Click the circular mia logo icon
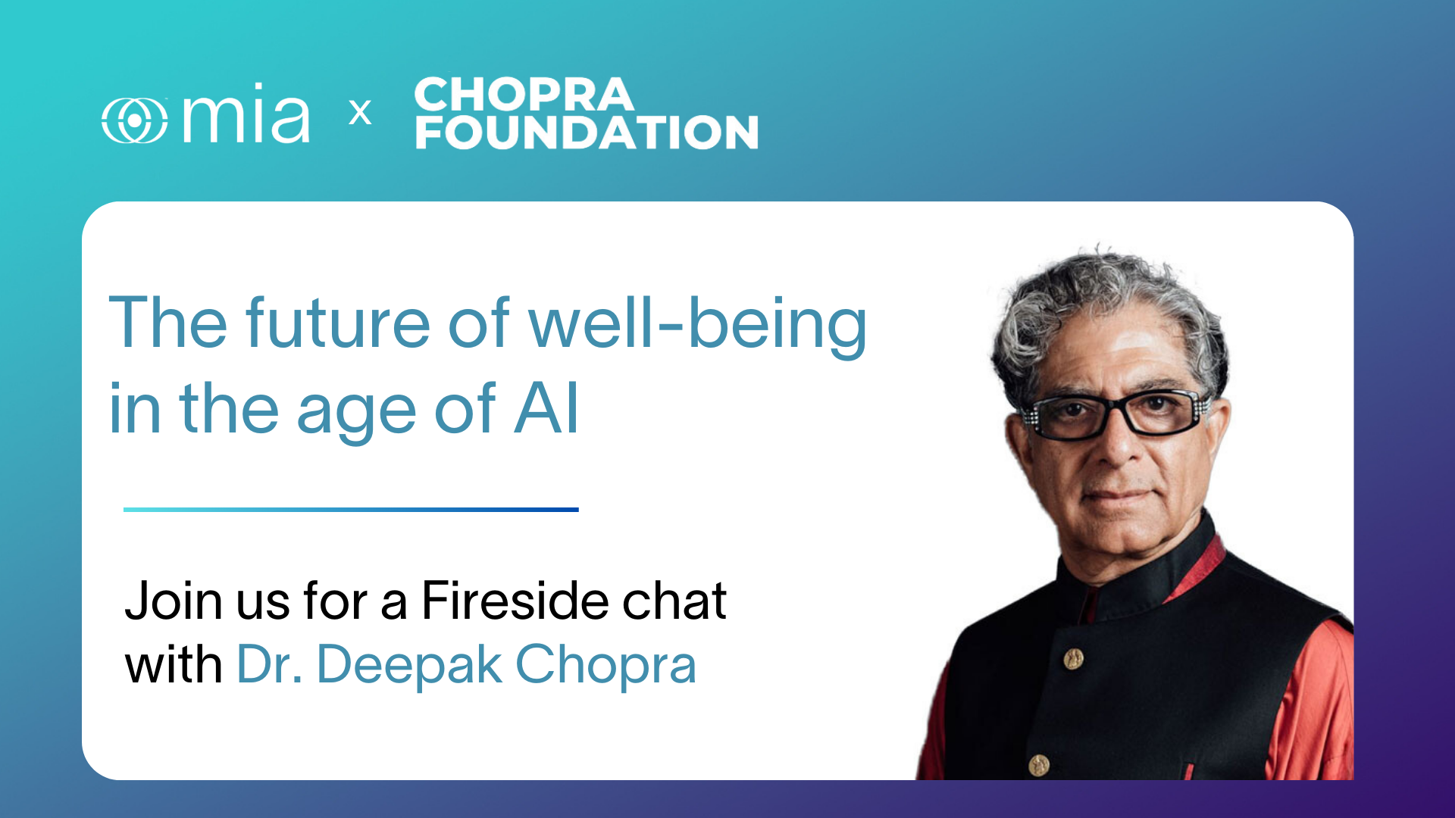(135, 120)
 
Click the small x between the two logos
(360, 113)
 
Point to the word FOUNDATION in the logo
(587, 132)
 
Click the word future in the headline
(338, 323)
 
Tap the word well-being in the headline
(697, 326)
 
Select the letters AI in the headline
(546, 408)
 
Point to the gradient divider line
(351, 510)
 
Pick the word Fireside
(512, 601)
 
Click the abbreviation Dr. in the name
(270, 665)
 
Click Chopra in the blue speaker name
(605, 667)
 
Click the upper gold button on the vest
(1073, 658)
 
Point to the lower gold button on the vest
(1039, 765)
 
